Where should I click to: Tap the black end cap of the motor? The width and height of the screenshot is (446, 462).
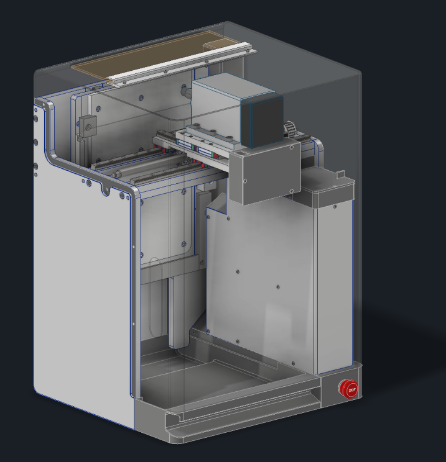coord(262,121)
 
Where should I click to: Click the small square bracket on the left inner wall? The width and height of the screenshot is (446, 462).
coord(88,127)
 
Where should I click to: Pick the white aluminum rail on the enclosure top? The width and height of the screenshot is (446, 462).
coord(182,65)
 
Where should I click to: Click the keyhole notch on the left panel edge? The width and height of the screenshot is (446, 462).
coord(106,191)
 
